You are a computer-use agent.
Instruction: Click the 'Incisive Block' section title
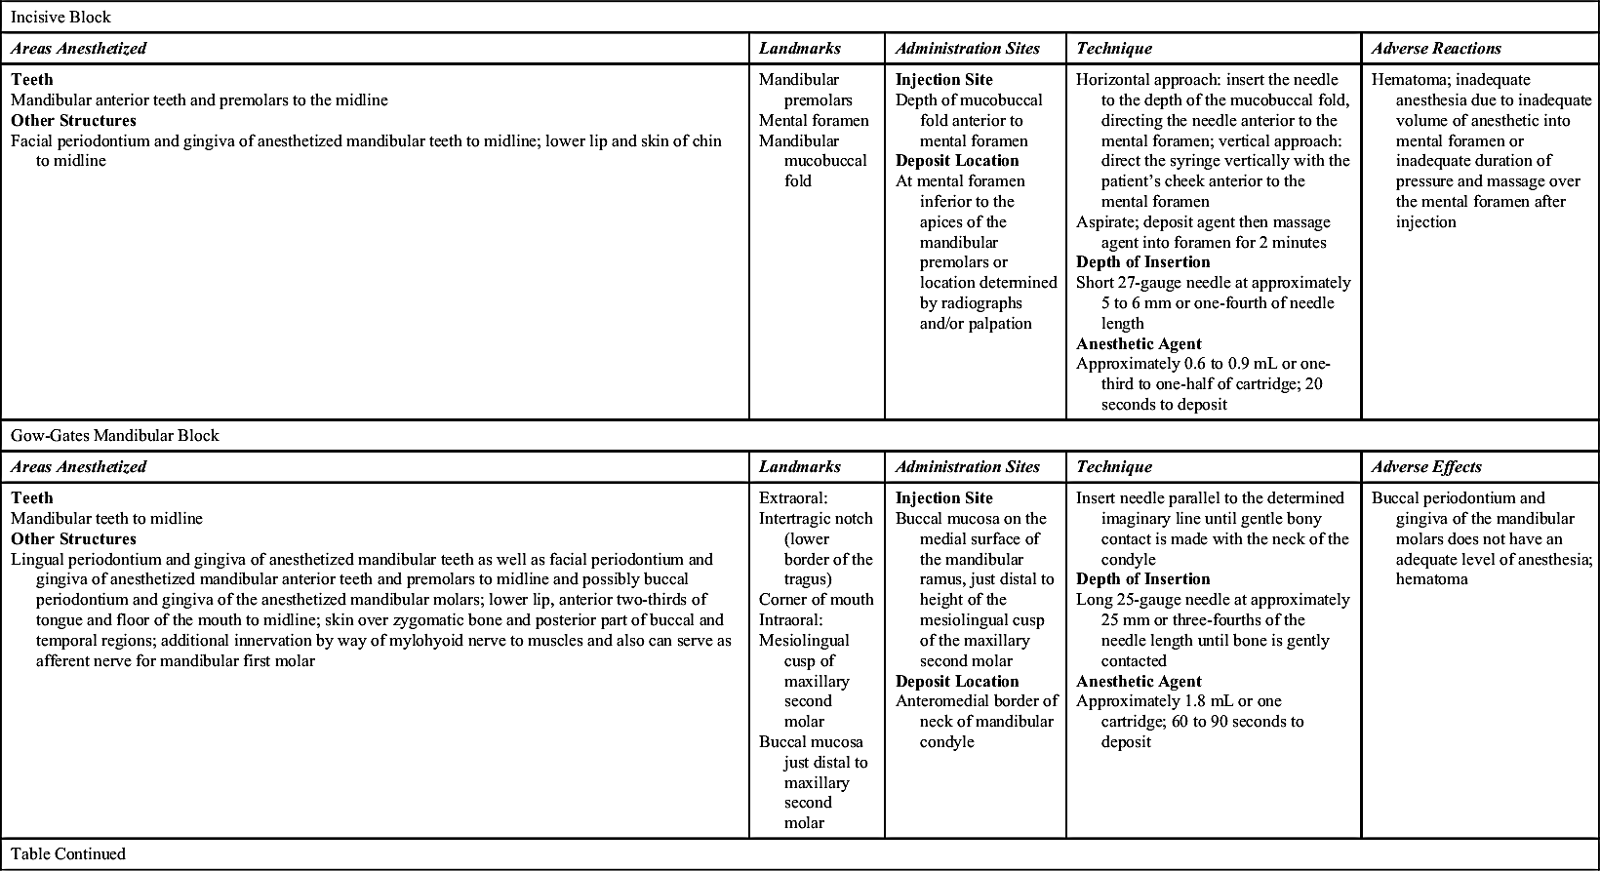coord(60,17)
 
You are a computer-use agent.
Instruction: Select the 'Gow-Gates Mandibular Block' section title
coord(115,435)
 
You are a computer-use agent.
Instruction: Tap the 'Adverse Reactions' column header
coord(1436,48)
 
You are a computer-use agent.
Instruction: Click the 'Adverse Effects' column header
coord(1425,466)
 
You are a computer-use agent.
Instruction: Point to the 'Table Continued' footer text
coord(68,853)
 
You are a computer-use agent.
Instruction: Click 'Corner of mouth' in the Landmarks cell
coord(816,599)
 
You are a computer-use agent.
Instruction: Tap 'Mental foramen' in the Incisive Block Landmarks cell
coord(814,120)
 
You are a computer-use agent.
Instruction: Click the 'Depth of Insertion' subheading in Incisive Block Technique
coord(1142,261)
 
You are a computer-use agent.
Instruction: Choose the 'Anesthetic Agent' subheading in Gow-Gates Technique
coord(1139,681)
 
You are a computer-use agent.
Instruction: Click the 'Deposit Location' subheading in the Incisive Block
coord(957,160)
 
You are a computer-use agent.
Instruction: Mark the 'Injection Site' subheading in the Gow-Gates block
coord(943,497)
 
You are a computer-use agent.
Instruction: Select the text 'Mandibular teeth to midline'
coord(106,518)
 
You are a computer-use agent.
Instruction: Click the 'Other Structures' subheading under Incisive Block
coord(73,120)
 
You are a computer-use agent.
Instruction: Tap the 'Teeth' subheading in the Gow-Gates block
coord(32,497)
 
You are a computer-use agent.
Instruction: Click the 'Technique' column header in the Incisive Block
coord(1113,48)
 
